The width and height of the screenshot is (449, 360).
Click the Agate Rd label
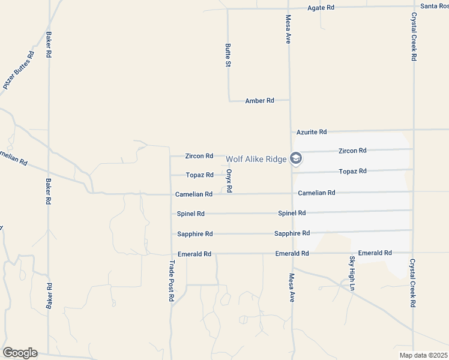(x=321, y=8)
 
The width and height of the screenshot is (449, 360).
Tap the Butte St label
(x=228, y=55)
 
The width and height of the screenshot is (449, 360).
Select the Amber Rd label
(x=259, y=101)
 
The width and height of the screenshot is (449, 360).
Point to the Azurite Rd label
(x=312, y=131)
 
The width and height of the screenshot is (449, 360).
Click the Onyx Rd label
(x=229, y=181)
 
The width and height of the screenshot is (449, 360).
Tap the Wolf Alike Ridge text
(x=256, y=159)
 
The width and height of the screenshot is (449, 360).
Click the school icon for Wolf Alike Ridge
(x=295, y=158)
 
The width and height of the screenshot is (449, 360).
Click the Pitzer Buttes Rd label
(x=19, y=70)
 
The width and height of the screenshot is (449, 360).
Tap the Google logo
(x=20, y=353)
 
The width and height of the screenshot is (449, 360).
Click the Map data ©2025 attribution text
(x=423, y=355)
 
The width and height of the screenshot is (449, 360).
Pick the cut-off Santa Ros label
(x=435, y=6)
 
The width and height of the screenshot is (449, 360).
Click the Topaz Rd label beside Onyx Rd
(x=199, y=175)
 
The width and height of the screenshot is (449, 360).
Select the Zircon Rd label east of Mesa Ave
(x=352, y=151)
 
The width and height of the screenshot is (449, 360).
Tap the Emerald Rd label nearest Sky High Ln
(x=375, y=253)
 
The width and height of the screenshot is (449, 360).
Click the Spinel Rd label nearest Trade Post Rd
(x=191, y=214)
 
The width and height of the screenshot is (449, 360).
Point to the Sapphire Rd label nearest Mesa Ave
(x=292, y=233)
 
